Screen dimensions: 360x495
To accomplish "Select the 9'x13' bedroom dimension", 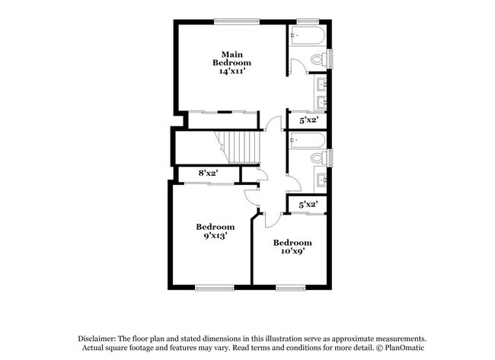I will [x=215, y=237].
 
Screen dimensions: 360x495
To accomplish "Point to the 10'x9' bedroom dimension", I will [x=292, y=253].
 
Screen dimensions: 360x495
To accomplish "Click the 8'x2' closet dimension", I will [x=209, y=174].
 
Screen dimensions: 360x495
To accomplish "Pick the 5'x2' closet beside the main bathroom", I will [x=308, y=120].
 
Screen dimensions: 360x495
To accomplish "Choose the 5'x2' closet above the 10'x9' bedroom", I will [x=308, y=204].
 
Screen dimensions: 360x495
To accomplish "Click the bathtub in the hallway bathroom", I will [x=308, y=141].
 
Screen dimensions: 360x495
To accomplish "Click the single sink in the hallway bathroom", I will [x=321, y=181].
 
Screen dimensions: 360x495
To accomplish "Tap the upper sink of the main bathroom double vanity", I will [x=321, y=84].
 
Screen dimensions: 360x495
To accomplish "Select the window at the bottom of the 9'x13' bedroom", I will [x=214, y=288].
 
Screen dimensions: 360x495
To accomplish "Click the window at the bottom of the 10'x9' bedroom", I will [x=290, y=288].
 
